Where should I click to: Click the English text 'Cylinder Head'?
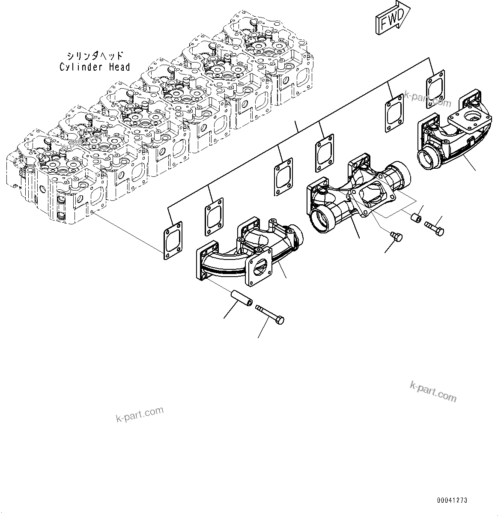point(95,67)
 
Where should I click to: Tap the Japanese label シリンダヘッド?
point(95,56)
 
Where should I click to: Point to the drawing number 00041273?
point(452,500)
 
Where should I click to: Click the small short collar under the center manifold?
point(415,218)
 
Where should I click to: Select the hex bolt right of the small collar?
point(434,227)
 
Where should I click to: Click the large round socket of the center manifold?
point(323,219)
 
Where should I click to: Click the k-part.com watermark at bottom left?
point(140,414)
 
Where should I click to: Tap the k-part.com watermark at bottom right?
point(433,391)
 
